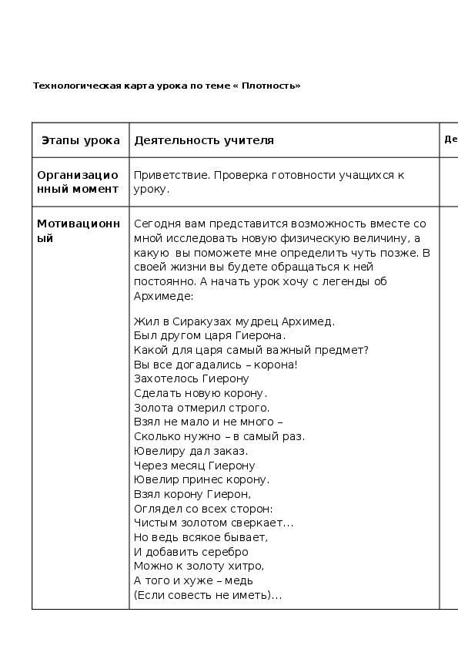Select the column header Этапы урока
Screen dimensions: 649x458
click(80, 140)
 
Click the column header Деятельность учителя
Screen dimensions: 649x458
click(203, 140)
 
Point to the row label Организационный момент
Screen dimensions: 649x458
click(79, 182)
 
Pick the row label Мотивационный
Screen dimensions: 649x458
click(79, 231)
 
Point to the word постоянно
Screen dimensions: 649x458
click(164, 281)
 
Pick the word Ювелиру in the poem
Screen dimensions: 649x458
click(159, 451)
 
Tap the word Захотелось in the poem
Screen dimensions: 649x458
click(166, 379)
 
